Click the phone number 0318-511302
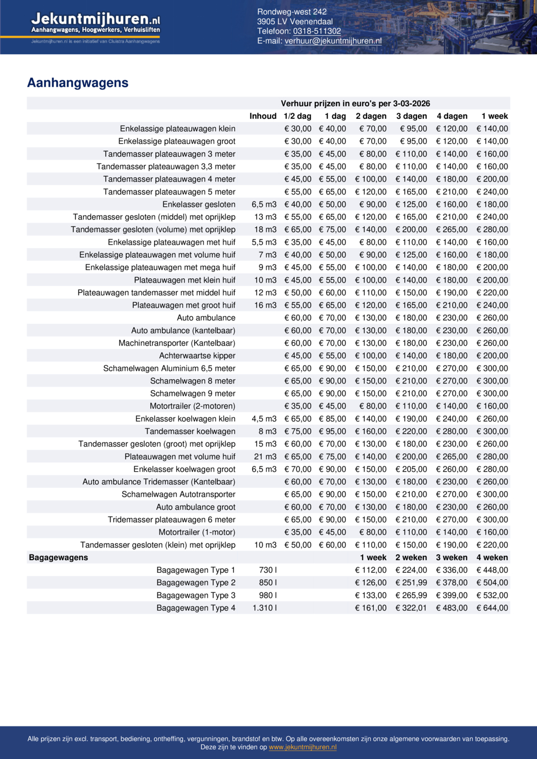tap(317, 31)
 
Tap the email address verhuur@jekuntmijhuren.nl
tap(333, 41)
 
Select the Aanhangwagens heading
tap(78, 83)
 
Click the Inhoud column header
tap(263, 116)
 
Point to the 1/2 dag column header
tap(297, 116)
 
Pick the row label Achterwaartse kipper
tap(197, 356)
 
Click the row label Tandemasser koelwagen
tap(190, 431)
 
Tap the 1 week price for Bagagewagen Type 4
tap(371, 608)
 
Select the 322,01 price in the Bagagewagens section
tap(411, 608)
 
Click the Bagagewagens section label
tap(58, 558)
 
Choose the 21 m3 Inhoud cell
tap(265, 457)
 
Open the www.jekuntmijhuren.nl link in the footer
tap(303, 747)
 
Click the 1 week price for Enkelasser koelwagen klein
tap(492, 419)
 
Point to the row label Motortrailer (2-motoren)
tap(192, 406)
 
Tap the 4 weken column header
tap(492, 558)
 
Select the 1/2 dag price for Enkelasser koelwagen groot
tap(298, 469)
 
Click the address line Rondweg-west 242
tap(292, 12)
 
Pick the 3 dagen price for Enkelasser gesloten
tap(411, 204)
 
